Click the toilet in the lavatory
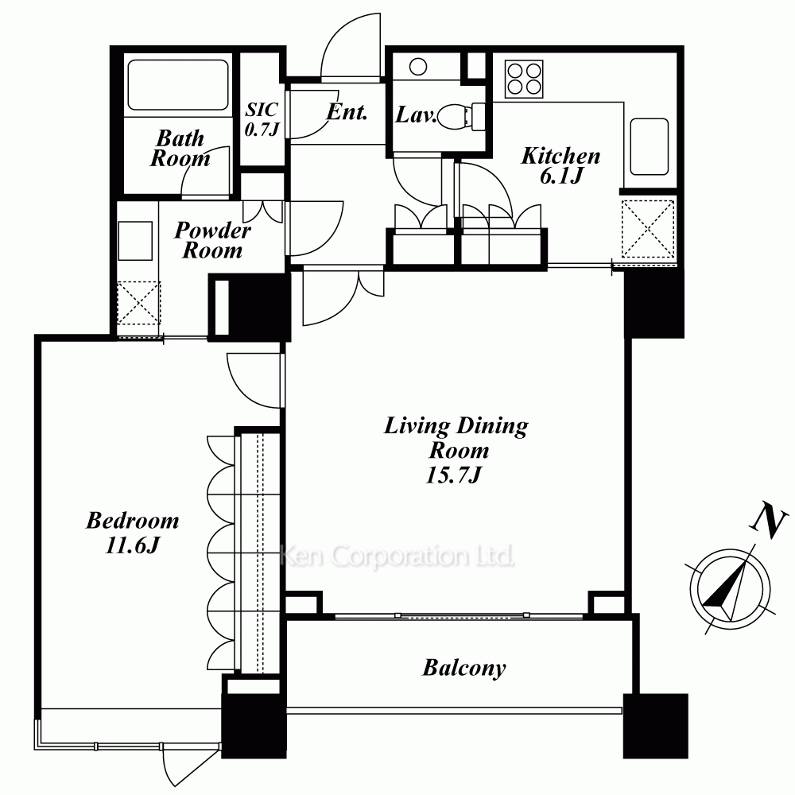pos(460,117)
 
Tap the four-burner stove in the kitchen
pos(524,79)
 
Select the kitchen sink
pos(649,146)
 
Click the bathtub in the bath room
pos(178,85)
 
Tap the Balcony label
pos(464,668)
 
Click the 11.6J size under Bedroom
pos(132,545)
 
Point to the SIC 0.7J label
pos(262,119)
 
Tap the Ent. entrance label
pos(347,112)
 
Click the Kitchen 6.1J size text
pos(561,176)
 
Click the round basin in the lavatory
pos(418,67)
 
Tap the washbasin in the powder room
pos(135,241)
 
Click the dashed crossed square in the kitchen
pos(648,228)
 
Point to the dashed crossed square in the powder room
pos(138,303)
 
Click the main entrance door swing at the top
pos(351,46)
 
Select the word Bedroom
pos(132,521)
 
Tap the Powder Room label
pos(212,240)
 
